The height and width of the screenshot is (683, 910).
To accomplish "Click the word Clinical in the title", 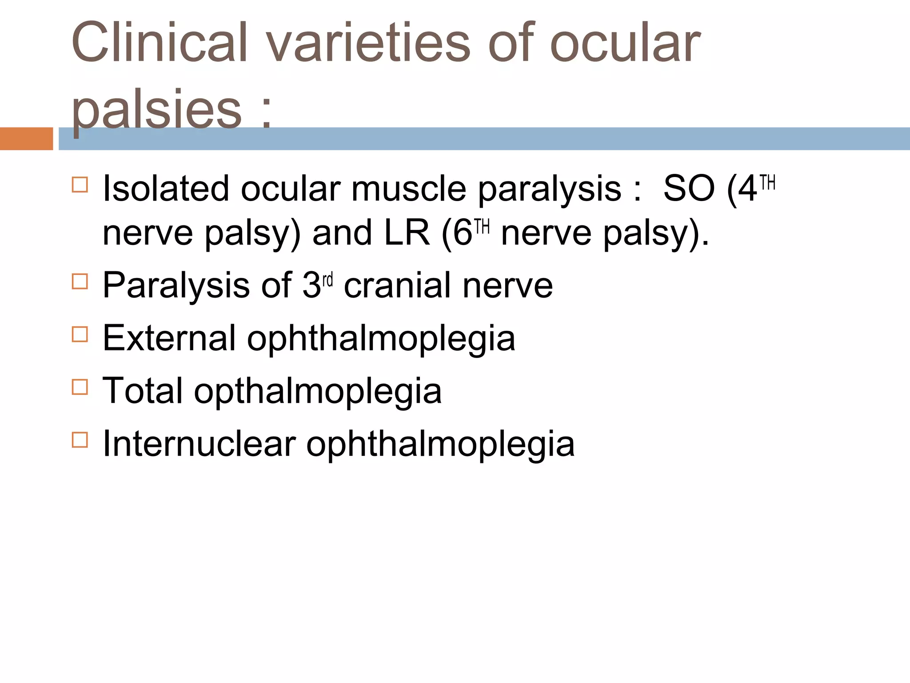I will click(x=159, y=43).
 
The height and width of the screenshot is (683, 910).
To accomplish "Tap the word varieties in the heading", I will click(x=368, y=43).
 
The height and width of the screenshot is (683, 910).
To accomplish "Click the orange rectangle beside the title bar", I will click(x=26, y=139).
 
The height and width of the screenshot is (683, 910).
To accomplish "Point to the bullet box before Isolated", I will click(x=80, y=185).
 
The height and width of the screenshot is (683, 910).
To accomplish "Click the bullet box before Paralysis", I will click(x=80, y=281).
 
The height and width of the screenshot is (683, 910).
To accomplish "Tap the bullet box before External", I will click(x=80, y=334).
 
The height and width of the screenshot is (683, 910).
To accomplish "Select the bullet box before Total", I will click(x=80, y=387).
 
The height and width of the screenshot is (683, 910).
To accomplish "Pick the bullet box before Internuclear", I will click(x=80, y=440).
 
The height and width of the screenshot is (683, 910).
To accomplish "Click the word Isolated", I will click(x=166, y=189).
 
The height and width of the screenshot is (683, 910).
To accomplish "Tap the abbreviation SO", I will click(x=689, y=189).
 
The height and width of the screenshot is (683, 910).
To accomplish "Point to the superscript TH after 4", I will click(x=767, y=183).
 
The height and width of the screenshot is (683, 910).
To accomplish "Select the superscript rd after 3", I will click(x=327, y=281).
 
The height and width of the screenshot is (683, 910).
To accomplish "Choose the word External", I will click(x=169, y=338).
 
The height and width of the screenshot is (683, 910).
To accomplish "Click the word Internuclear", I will click(x=199, y=444).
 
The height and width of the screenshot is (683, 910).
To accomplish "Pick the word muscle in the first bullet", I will click(x=408, y=189).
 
